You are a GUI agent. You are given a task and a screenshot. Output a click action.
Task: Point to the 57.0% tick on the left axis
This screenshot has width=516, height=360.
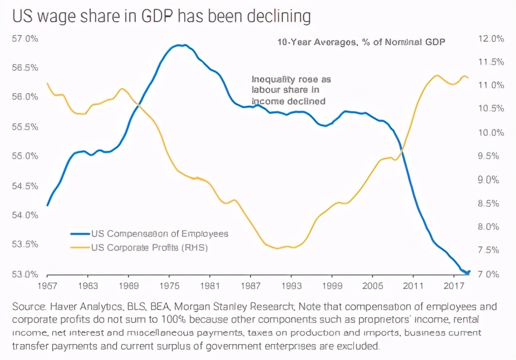(x=25, y=39)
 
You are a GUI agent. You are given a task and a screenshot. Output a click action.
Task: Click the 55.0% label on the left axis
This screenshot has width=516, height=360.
(x=25, y=156)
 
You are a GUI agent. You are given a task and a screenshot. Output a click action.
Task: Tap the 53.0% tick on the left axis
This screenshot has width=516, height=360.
(x=25, y=273)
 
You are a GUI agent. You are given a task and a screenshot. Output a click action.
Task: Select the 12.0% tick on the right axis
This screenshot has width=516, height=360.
(x=490, y=39)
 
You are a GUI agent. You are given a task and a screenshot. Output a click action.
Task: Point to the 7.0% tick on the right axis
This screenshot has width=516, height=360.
(x=490, y=273)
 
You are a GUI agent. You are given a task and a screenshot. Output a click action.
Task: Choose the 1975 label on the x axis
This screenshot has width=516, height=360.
(x=169, y=286)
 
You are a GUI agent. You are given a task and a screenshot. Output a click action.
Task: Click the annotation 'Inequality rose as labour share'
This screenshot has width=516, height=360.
(x=291, y=89)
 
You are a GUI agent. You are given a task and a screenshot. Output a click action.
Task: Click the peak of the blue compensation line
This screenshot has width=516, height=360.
(x=181, y=45)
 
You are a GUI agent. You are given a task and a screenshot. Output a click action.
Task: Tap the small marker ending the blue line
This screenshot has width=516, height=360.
(x=468, y=272)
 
